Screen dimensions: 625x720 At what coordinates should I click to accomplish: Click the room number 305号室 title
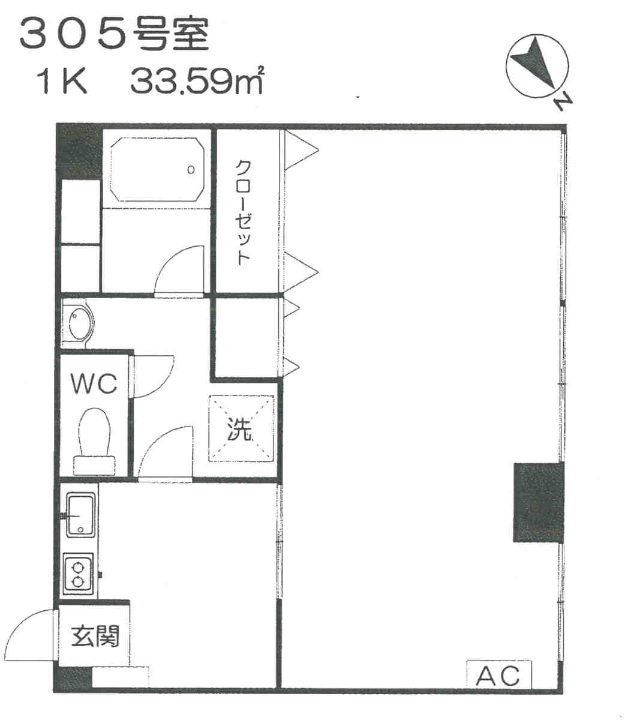[x=115, y=34]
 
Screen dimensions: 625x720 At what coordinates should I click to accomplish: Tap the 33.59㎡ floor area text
[x=197, y=80]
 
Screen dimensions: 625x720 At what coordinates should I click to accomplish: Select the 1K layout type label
[x=64, y=82]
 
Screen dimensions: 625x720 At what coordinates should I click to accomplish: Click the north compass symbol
[x=537, y=66]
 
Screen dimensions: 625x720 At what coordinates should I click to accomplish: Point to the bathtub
[x=157, y=169]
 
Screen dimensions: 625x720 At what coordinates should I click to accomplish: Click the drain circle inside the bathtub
[x=191, y=170]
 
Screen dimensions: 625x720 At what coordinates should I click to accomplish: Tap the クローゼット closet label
[x=244, y=212]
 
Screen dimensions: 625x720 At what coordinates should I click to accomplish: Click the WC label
[x=94, y=383]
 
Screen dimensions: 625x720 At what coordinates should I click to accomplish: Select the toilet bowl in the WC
[x=94, y=442]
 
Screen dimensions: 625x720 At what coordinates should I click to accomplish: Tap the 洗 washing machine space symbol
[x=241, y=428]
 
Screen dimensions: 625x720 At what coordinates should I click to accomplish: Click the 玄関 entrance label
[x=95, y=636]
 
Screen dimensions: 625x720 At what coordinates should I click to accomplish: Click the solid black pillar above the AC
[x=539, y=502]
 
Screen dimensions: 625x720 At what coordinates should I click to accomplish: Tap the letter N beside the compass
[x=563, y=101]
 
